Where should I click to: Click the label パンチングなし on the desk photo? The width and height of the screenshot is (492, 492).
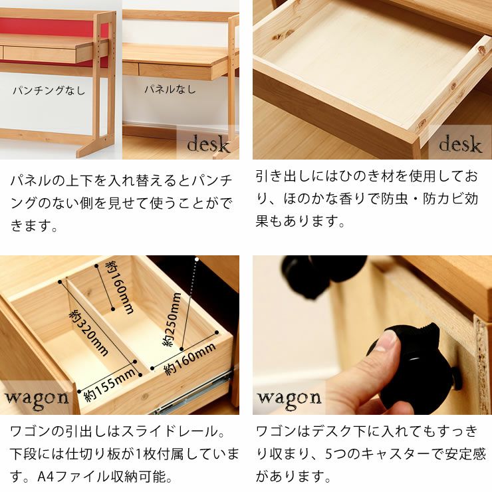(x=49, y=90)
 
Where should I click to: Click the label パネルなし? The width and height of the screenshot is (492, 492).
(x=170, y=88)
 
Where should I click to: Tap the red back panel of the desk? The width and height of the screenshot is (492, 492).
(x=47, y=30)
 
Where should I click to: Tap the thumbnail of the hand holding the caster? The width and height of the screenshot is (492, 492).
(x=372, y=335)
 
